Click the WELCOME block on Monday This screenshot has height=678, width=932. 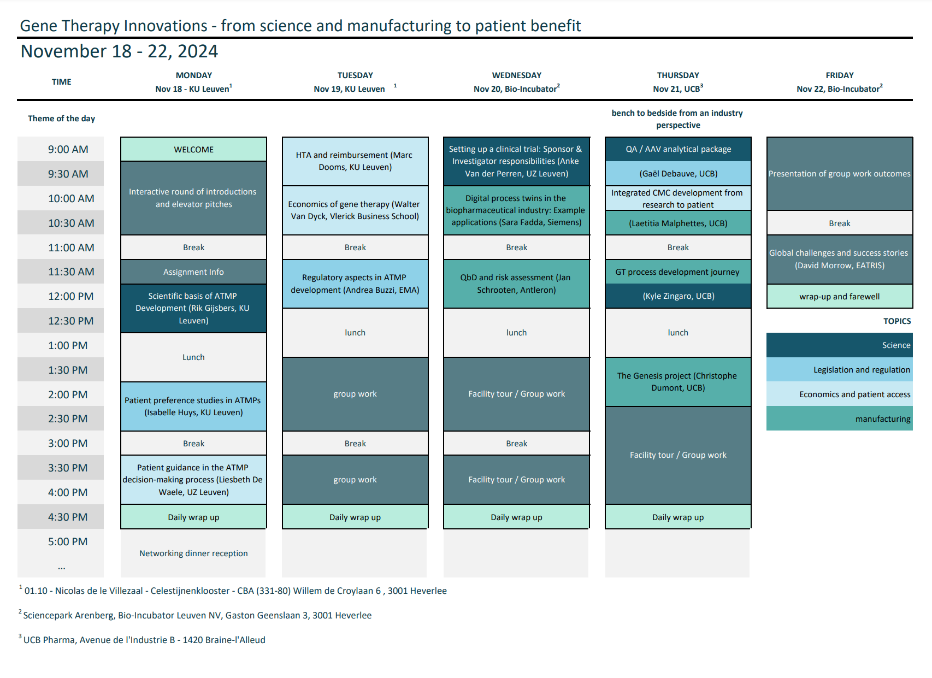coord(193,149)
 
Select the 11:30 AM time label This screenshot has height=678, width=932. coord(70,272)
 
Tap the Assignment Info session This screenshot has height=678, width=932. coord(193,272)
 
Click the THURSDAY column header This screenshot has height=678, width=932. coord(678,75)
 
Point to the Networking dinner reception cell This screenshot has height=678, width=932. coord(193,553)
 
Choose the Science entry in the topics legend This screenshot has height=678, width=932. coord(839,345)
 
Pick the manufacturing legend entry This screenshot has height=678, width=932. coord(839,418)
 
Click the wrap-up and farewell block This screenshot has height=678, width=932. coord(839,296)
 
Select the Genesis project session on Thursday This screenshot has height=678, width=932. coord(678,382)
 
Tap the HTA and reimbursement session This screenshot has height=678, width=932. coord(355,161)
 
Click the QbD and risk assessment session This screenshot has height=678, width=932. coord(516,284)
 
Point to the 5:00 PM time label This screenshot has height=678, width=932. coord(68,541)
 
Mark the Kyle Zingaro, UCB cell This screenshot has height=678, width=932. coord(678,296)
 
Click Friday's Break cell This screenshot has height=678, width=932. coord(839,223)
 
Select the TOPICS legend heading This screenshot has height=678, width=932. coord(897,321)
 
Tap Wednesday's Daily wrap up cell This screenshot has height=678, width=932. coord(516,517)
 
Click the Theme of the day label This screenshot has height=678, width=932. coord(62,118)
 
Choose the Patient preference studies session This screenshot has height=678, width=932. coord(193,406)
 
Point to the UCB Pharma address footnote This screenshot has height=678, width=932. coord(142,639)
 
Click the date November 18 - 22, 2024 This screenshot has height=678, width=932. coord(119,51)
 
